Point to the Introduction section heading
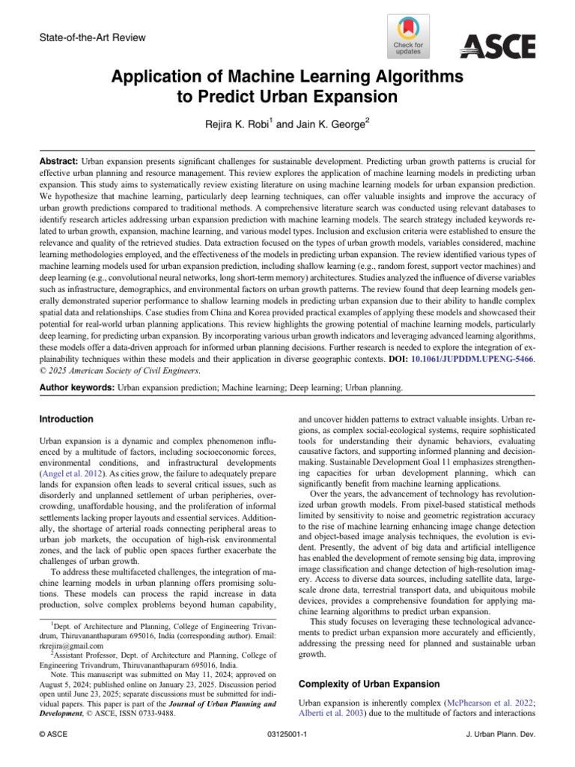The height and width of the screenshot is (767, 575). point(67,419)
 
